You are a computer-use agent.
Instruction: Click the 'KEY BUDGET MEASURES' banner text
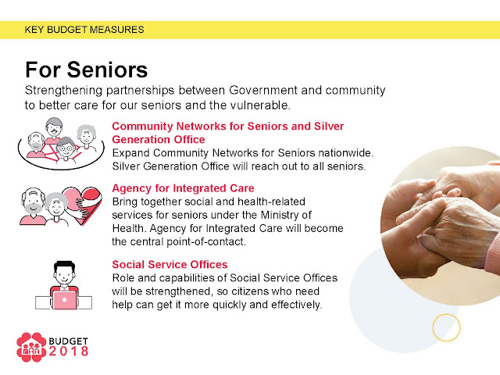84,30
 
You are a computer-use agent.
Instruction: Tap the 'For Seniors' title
87,70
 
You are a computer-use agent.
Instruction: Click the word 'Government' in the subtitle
263,91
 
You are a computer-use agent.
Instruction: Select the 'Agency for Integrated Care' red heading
183,188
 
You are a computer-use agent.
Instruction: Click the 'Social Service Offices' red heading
170,264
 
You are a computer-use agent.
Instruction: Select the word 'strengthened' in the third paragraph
179,291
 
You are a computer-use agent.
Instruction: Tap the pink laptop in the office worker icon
65,300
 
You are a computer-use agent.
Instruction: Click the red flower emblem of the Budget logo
31,347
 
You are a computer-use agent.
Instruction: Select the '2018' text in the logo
69,352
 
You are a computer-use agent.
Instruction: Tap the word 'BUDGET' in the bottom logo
68,341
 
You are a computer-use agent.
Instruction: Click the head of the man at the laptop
64,273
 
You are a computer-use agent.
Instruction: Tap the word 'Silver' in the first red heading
329,127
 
